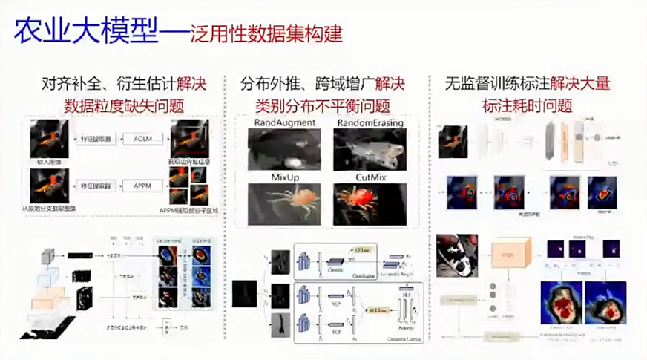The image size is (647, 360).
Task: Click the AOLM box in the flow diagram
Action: pos(139,138)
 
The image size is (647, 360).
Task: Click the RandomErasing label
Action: pos(370,121)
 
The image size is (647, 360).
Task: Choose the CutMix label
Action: pos(370,177)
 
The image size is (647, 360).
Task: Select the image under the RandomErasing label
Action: pos(370,148)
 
